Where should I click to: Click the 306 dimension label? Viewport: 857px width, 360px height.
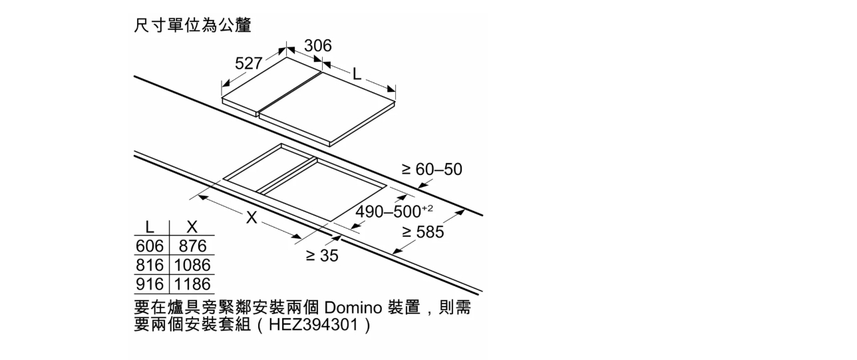(x=317, y=46)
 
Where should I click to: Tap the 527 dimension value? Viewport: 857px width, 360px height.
(x=248, y=63)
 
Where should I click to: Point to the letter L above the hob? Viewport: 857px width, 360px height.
(x=357, y=75)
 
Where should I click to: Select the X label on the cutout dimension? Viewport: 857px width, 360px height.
(x=252, y=218)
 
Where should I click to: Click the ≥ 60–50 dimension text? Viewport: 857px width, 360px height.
(x=432, y=169)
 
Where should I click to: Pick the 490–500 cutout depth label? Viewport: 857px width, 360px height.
(x=389, y=212)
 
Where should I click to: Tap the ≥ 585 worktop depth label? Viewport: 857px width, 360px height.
(x=423, y=232)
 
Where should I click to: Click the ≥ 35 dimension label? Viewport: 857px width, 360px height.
(x=322, y=256)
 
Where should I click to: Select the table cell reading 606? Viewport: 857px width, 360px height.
(x=150, y=246)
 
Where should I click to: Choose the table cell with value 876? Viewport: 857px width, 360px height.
(x=192, y=246)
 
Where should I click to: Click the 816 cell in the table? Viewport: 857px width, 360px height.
(x=150, y=265)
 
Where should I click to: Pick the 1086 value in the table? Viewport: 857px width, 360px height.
(x=192, y=265)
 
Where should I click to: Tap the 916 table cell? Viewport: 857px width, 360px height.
(x=150, y=284)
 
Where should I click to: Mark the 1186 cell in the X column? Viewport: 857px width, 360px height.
(x=192, y=284)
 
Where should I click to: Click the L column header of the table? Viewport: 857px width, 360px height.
(x=150, y=228)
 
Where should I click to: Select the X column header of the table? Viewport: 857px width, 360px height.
(x=192, y=228)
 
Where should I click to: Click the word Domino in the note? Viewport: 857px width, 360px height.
(x=353, y=307)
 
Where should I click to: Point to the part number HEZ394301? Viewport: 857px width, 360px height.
(x=313, y=325)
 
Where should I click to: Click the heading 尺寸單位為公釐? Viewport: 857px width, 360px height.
(x=192, y=25)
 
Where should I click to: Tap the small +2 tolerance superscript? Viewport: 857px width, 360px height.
(x=427, y=208)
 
